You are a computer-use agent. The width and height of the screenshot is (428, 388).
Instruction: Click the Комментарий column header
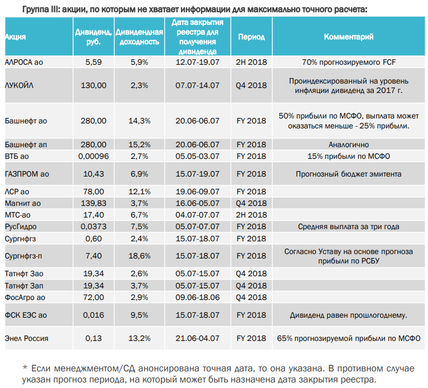[x=349, y=37]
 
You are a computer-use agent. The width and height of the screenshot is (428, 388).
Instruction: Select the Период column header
[x=251, y=37]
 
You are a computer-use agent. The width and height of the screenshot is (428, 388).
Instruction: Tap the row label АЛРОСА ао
[x=24, y=62]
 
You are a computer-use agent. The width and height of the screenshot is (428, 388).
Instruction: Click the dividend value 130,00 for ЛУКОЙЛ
[x=94, y=85]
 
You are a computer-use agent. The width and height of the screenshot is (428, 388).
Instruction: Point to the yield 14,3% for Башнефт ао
[x=140, y=121]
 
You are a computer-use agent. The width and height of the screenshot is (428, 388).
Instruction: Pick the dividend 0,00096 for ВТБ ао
[x=94, y=156]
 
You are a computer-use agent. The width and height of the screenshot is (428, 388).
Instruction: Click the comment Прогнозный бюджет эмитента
[x=349, y=174]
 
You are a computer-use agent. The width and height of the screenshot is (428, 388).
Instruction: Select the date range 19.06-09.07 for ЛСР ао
[x=197, y=192]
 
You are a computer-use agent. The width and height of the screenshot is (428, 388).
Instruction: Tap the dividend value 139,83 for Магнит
[x=94, y=203]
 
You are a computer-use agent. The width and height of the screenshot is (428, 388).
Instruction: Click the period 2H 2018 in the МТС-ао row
[x=251, y=215]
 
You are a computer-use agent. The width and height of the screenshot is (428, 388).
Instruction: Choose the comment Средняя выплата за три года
[x=349, y=227]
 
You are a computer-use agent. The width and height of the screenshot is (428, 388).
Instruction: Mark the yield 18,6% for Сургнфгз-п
[x=140, y=256]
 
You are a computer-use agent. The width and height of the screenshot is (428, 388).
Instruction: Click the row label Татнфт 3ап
[x=24, y=286]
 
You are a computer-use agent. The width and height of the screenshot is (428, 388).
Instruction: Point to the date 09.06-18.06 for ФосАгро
[x=197, y=297]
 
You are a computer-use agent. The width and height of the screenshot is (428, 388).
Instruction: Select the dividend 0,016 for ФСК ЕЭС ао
[x=94, y=315]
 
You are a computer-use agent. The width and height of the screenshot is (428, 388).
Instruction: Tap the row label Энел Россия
[x=27, y=338]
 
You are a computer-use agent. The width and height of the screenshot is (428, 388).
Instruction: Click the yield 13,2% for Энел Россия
[x=140, y=338]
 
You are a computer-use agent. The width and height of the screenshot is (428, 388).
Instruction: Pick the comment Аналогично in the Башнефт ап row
[x=349, y=144]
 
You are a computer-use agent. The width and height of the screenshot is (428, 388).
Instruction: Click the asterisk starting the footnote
[x=25, y=368]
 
